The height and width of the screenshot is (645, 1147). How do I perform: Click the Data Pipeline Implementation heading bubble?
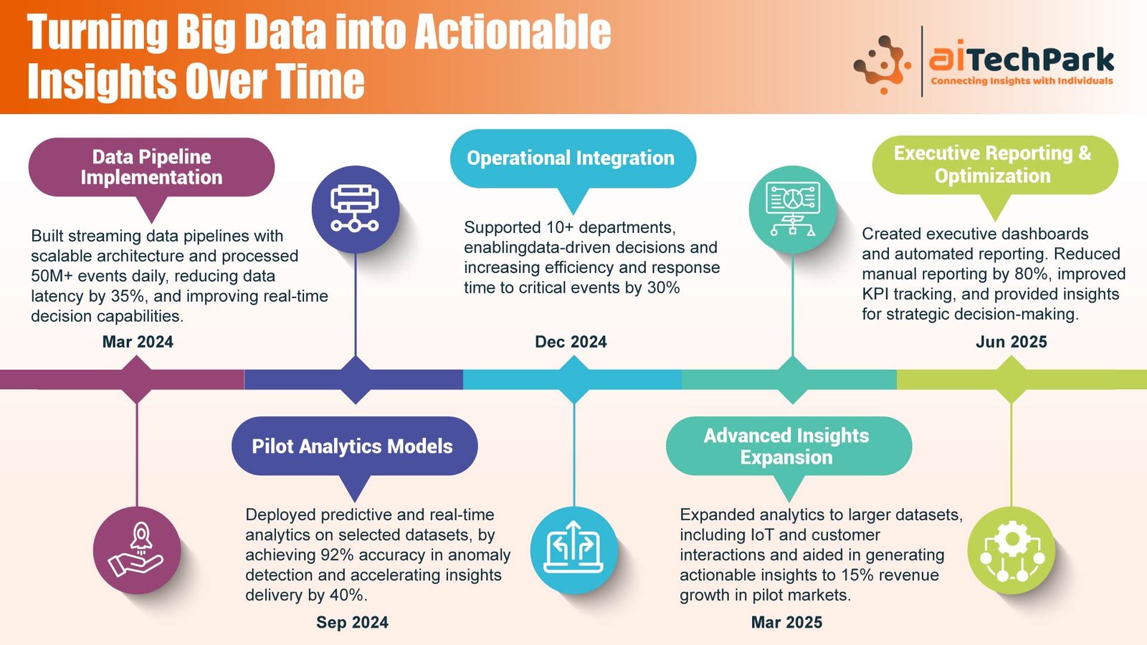[151, 168]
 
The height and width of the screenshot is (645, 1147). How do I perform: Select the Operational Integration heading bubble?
[573, 158]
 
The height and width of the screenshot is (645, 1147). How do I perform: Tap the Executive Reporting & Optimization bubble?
[995, 165]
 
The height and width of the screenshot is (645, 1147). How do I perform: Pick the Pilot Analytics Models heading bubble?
[354, 446]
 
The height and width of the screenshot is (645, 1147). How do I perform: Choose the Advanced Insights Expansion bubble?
[789, 446]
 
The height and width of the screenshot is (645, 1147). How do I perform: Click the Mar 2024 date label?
[138, 342]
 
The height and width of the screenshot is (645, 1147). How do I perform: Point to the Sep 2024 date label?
[352, 623]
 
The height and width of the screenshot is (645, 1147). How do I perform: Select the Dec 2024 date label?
[571, 342]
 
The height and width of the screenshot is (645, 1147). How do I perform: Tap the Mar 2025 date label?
[786, 623]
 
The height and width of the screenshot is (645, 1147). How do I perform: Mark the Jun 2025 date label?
[1012, 342]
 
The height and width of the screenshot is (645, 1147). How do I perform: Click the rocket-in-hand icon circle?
[137, 550]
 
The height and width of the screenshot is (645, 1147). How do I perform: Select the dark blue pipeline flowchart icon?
[356, 209]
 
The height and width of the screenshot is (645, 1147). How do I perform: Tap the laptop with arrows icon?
[574, 550]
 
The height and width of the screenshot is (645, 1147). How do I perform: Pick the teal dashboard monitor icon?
[793, 209]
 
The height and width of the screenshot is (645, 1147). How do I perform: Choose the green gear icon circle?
[1012, 550]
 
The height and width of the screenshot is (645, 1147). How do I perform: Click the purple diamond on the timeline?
[137, 380]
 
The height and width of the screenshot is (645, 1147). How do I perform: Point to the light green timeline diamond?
[1012, 380]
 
